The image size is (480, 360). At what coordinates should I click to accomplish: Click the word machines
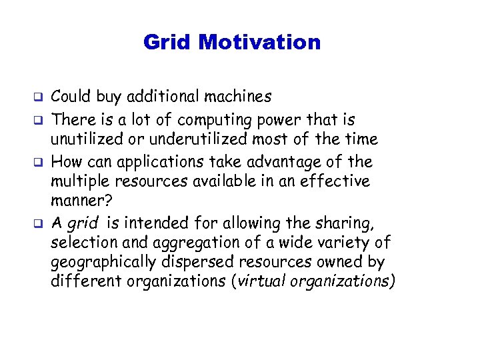pos(238,97)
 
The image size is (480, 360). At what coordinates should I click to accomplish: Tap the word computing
pos(219,121)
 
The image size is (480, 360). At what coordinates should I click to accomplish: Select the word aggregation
pos(185,243)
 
